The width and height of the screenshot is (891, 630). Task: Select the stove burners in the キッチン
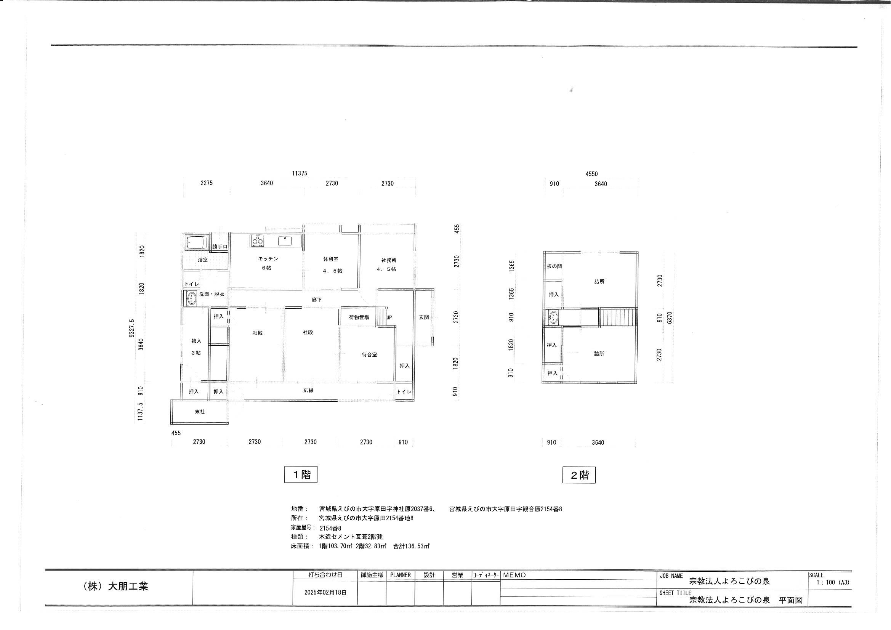(x=257, y=240)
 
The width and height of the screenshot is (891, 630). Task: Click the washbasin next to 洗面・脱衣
(x=191, y=299)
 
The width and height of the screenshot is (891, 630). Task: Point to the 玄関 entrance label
(x=424, y=317)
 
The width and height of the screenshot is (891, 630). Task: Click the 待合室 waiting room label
(x=369, y=355)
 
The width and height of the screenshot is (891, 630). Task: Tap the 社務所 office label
(x=388, y=260)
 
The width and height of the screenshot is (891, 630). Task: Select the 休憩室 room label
(x=331, y=259)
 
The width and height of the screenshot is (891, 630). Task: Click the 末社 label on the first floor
(x=199, y=412)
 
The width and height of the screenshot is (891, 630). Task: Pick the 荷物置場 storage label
(x=359, y=317)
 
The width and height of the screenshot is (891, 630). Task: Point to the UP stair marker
(x=389, y=317)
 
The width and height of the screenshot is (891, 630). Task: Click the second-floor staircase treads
(x=618, y=317)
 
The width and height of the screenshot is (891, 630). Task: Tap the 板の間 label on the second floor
(x=554, y=266)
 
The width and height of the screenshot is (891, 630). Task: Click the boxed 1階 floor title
(x=301, y=475)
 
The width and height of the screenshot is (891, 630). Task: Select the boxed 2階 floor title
(x=579, y=475)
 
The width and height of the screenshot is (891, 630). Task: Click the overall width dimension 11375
(x=300, y=173)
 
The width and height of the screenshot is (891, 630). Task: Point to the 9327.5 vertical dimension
(x=132, y=329)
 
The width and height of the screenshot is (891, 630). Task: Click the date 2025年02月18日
(x=325, y=593)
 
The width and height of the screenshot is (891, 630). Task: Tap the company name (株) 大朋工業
(x=115, y=586)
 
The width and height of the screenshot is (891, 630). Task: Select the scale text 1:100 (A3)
(x=833, y=583)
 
